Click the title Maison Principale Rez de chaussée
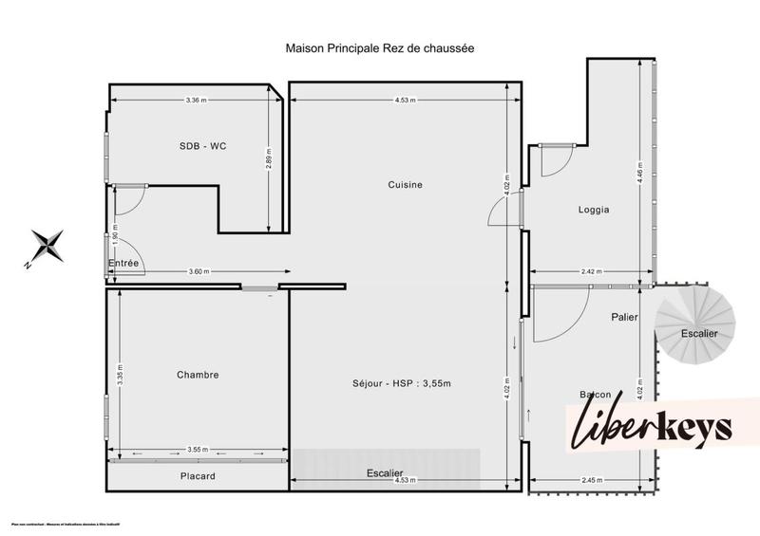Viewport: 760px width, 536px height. click(x=380, y=46)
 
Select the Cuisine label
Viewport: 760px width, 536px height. click(x=405, y=185)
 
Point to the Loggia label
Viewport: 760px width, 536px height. click(x=593, y=210)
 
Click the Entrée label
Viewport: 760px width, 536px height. click(x=123, y=263)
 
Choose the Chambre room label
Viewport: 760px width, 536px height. click(x=198, y=375)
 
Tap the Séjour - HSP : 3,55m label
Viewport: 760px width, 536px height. click(x=402, y=384)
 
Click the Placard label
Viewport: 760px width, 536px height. click(x=198, y=476)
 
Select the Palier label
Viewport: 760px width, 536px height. click(x=624, y=318)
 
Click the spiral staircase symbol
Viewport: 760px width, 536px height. click(x=698, y=327)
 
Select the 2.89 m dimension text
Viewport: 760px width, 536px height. click(x=270, y=157)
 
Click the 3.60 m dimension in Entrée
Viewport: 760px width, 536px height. click(x=198, y=273)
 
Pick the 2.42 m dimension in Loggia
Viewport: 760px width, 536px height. click(x=591, y=273)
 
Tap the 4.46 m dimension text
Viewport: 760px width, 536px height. click(x=641, y=172)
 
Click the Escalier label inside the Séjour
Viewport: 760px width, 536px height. click(x=385, y=472)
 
